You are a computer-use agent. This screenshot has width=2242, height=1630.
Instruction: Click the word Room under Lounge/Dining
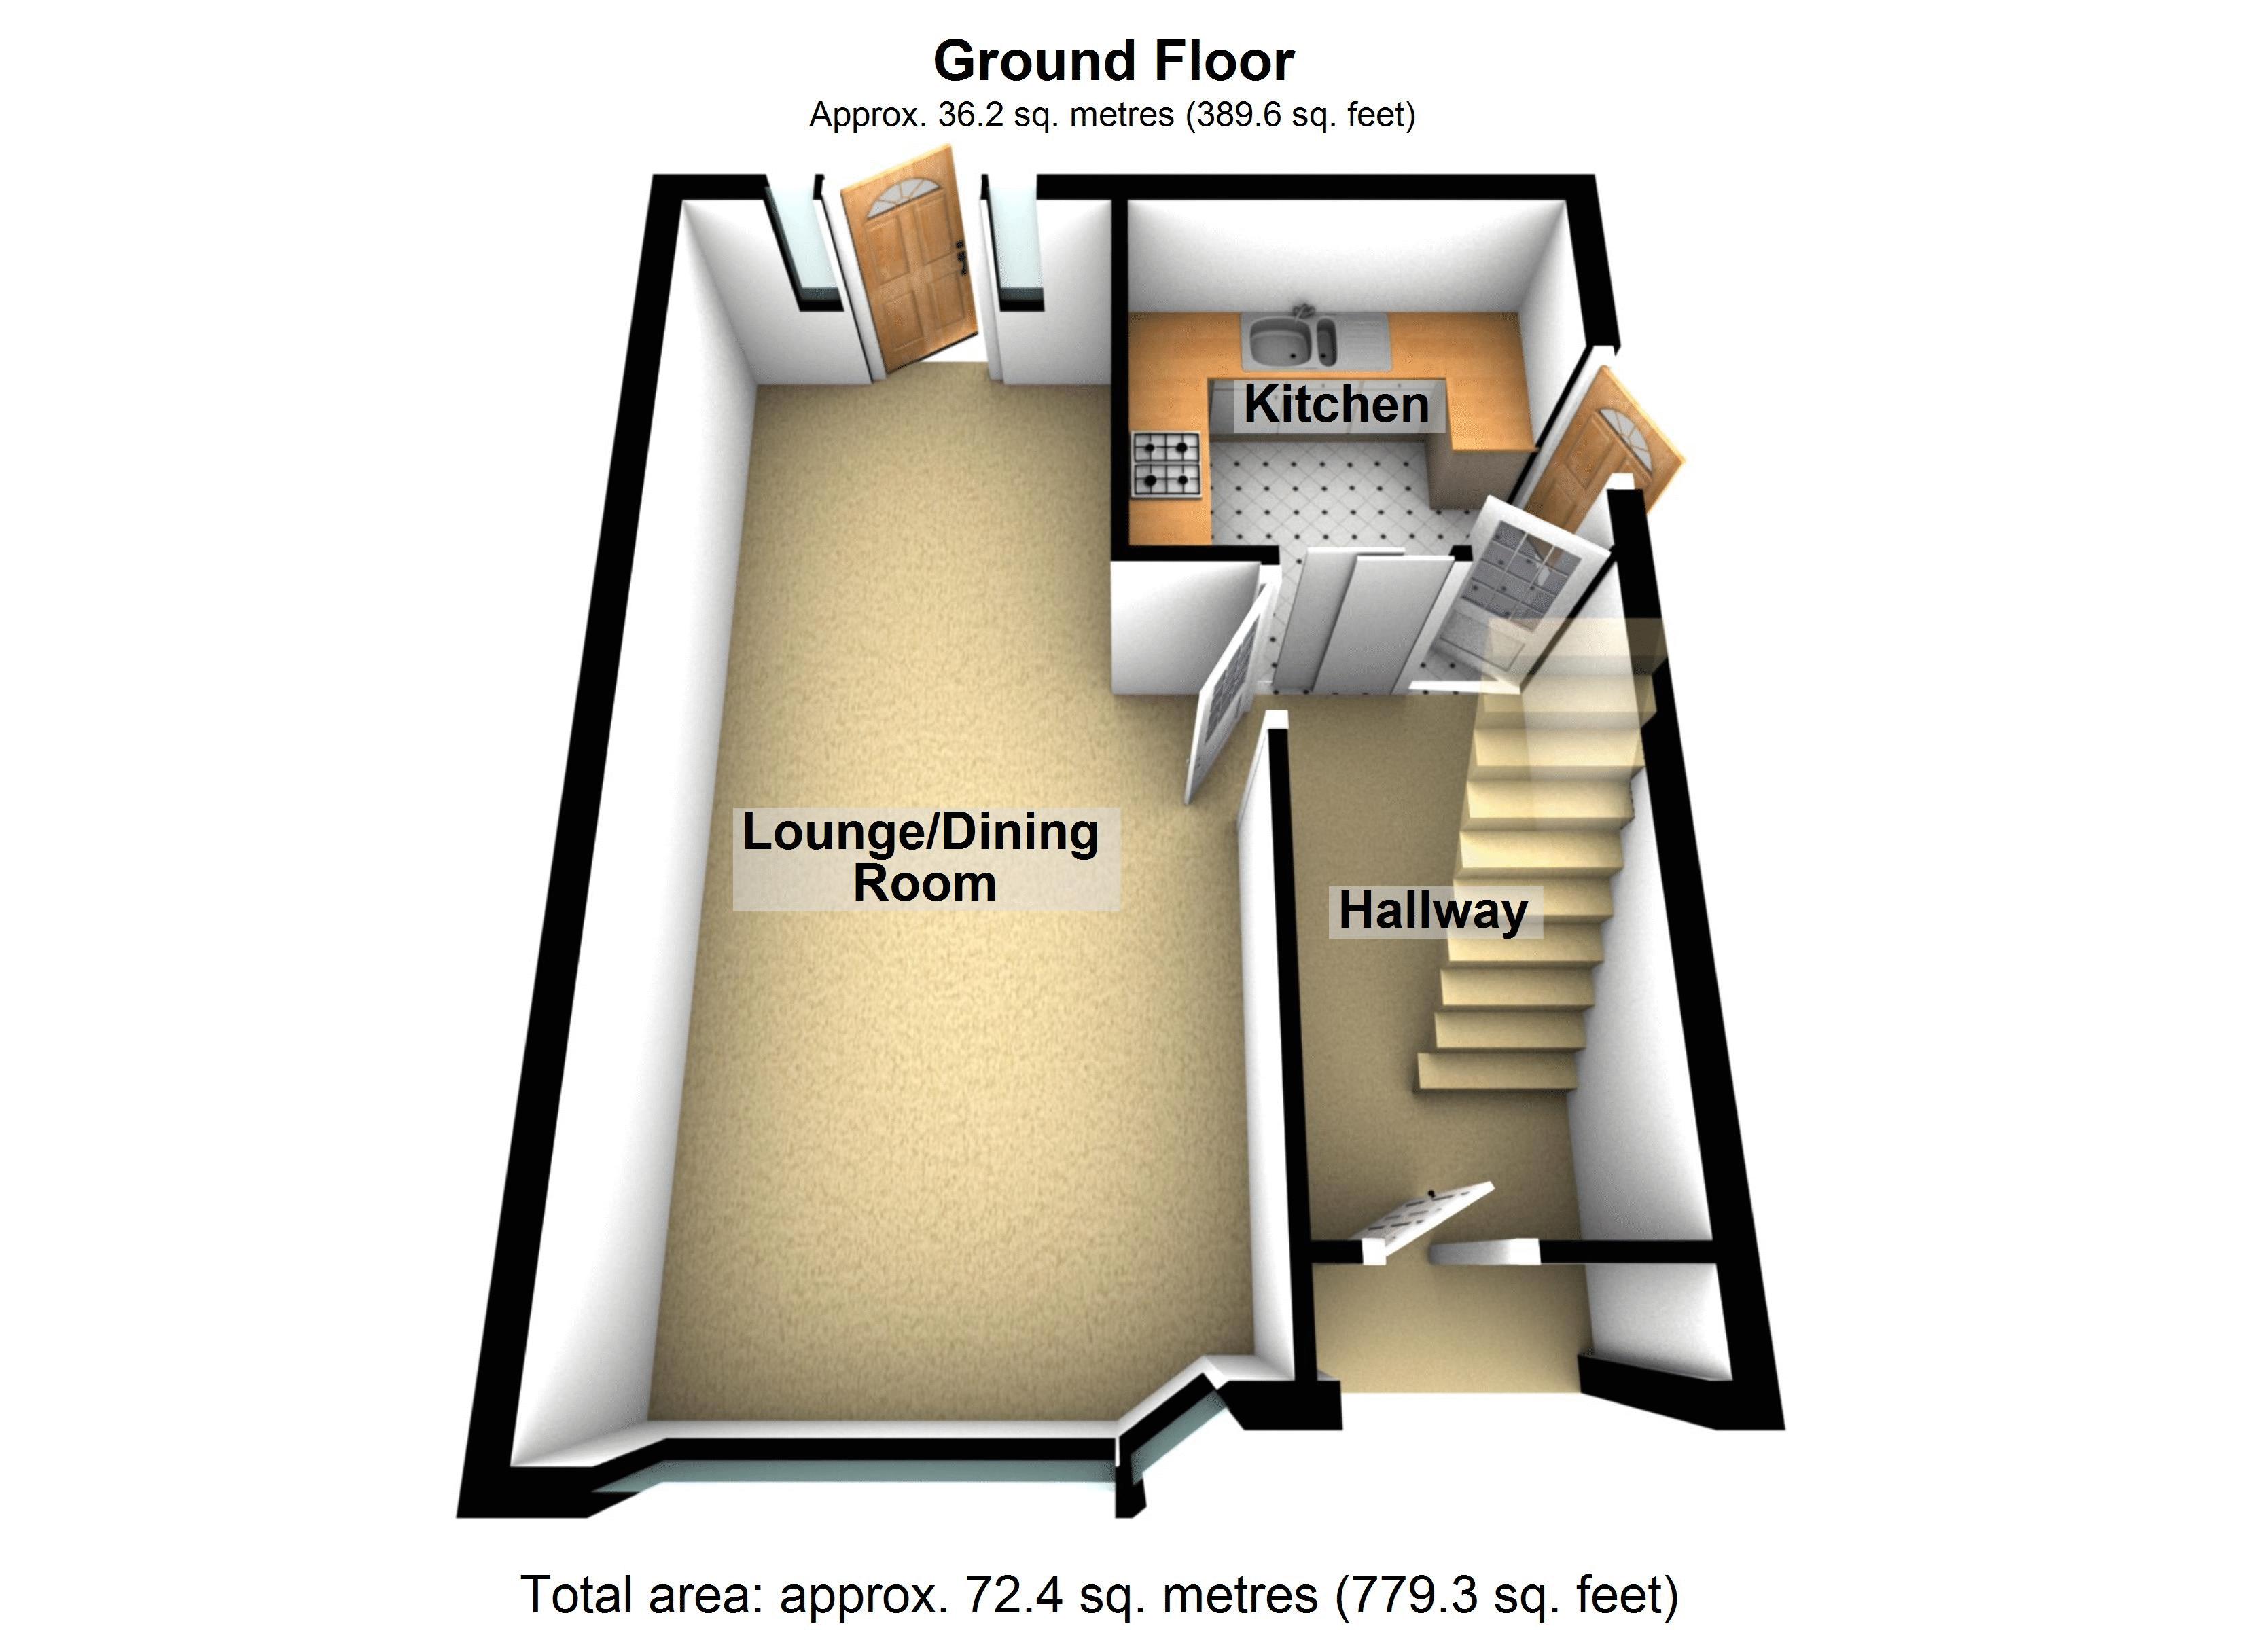coord(924,884)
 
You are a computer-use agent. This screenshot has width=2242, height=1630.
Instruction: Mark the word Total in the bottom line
coord(576,1593)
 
